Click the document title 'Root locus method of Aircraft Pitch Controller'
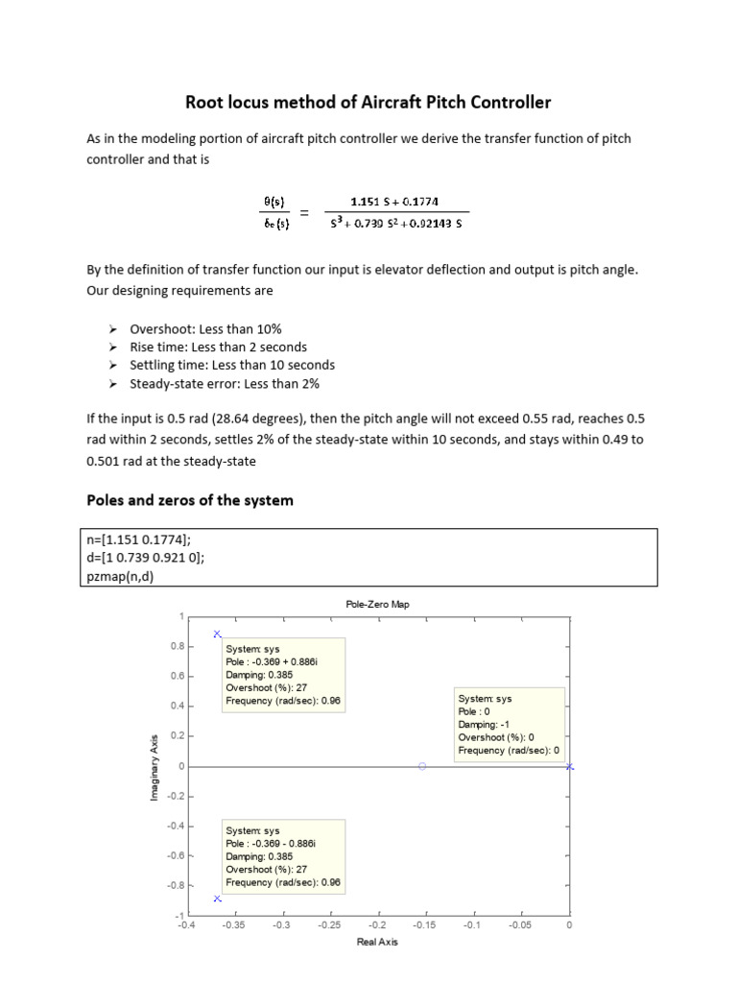coord(368,102)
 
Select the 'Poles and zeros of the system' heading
coord(190,500)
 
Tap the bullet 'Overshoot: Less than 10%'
coord(205,328)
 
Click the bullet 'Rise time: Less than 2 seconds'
coord(218,347)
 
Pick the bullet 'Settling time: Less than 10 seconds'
coord(232,365)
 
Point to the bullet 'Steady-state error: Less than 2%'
coord(225,383)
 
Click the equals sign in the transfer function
coord(305,213)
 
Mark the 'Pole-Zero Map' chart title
coord(377,604)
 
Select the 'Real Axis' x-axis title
coord(377,942)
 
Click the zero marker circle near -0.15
coord(422,766)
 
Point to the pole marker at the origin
coord(569,766)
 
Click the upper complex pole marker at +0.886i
coord(217,634)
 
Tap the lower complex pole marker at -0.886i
coord(217,899)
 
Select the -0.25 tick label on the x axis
coord(328,925)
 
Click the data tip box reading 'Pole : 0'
coord(509,725)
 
